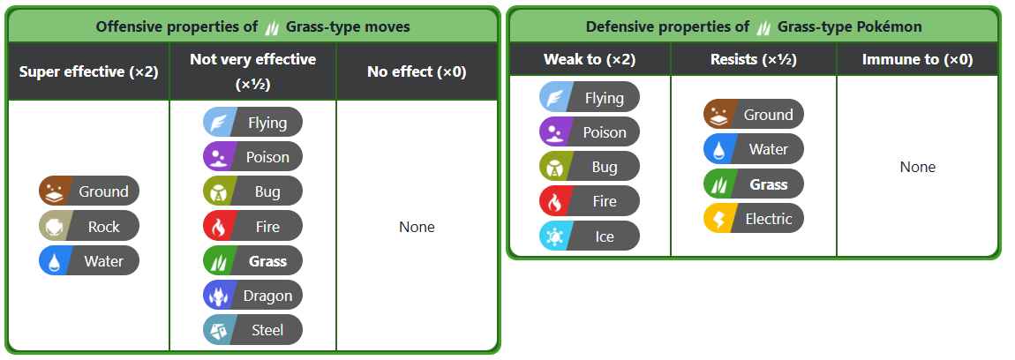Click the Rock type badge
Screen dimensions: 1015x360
tap(88, 227)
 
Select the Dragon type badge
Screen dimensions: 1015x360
tap(252, 296)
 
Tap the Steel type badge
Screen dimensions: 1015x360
tap(252, 330)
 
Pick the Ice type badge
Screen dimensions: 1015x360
tap(589, 236)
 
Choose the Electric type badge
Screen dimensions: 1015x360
tap(754, 219)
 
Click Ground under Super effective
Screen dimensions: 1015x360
tap(88, 191)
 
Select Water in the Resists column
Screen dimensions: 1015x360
tap(754, 150)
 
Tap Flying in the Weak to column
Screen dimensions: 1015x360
tap(589, 98)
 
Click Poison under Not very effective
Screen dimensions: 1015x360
tap(252, 157)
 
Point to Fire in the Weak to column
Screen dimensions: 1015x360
tap(589, 201)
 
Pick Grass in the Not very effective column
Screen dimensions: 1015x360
tap(252, 261)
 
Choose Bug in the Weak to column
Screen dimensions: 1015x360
tap(589, 167)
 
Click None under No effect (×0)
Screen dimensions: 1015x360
tap(417, 228)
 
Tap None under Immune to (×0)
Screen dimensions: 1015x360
tap(918, 167)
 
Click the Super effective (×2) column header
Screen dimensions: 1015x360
tap(88, 71)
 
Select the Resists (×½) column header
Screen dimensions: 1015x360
tap(754, 60)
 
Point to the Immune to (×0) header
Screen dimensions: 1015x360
tap(918, 60)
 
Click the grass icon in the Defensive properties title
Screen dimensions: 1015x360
tap(763, 27)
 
